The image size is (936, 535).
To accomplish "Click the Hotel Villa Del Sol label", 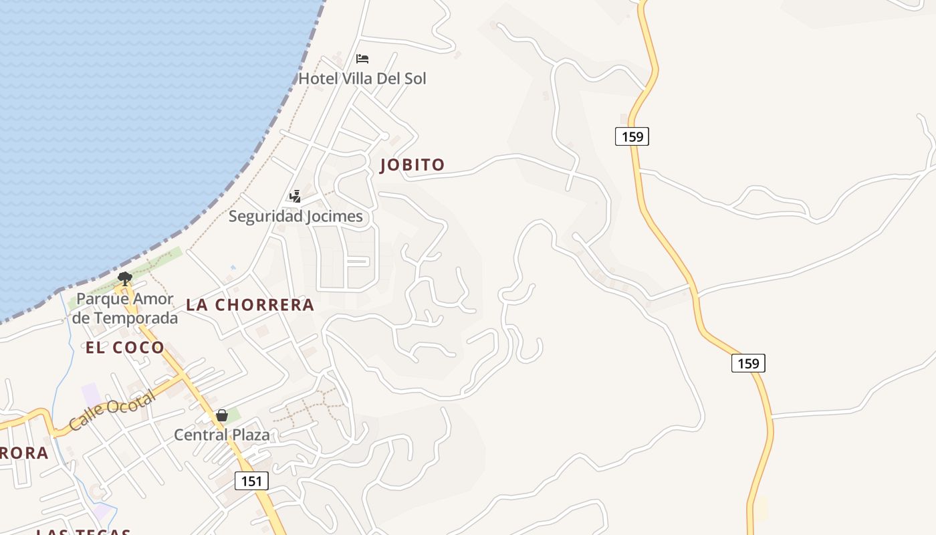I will tap(362, 78).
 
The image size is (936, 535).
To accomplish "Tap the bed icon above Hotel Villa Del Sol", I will tap(362, 59).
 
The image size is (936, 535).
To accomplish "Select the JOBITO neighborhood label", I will tap(412, 165).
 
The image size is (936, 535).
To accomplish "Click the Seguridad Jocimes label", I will tap(296, 216).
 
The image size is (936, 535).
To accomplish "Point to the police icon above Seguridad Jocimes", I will tap(295, 197).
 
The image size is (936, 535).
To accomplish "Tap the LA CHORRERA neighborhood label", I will tap(250, 305).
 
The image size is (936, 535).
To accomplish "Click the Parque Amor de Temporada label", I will tap(125, 308).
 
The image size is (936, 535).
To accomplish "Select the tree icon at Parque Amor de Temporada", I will tap(124, 279).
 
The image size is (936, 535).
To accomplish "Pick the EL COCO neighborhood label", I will tap(125, 348).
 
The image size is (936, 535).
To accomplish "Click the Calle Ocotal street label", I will tap(112, 410).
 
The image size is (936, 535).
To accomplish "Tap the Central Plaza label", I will tap(222, 435).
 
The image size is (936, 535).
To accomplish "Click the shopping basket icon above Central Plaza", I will tap(222, 416).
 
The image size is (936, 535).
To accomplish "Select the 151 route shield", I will tap(251, 481).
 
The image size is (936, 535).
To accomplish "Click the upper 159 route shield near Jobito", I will tap(632, 136).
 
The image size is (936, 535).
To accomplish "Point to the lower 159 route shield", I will tap(748, 363).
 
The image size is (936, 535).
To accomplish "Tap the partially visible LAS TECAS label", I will tap(84, 532).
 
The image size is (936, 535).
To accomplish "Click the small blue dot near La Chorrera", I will tap(233, 267).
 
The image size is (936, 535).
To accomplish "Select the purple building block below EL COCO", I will tap(92, 394).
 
